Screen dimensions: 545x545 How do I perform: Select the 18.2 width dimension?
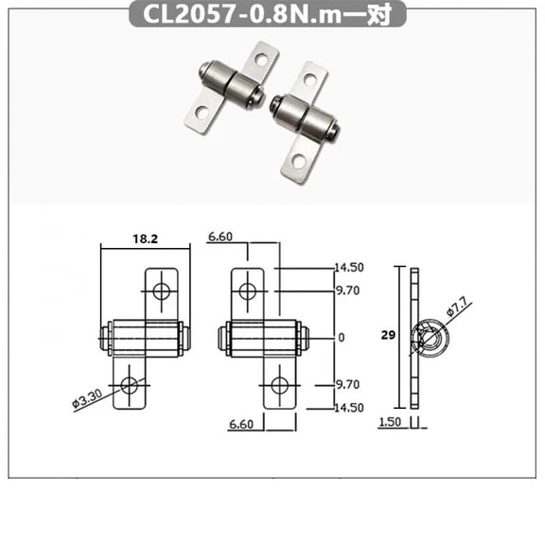coord(145,240)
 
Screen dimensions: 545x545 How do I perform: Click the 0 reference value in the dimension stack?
coord(342,337)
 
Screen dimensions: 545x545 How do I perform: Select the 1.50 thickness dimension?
coord(390,423)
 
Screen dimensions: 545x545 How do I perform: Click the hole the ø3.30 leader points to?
coord(131,385)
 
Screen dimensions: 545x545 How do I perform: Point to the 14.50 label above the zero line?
coord(348,268)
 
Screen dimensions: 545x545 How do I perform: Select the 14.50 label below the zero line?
coord(348,407)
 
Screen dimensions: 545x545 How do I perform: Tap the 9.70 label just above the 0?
coord(347,290)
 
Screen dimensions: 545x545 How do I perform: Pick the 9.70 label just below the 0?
coord(347,385)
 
